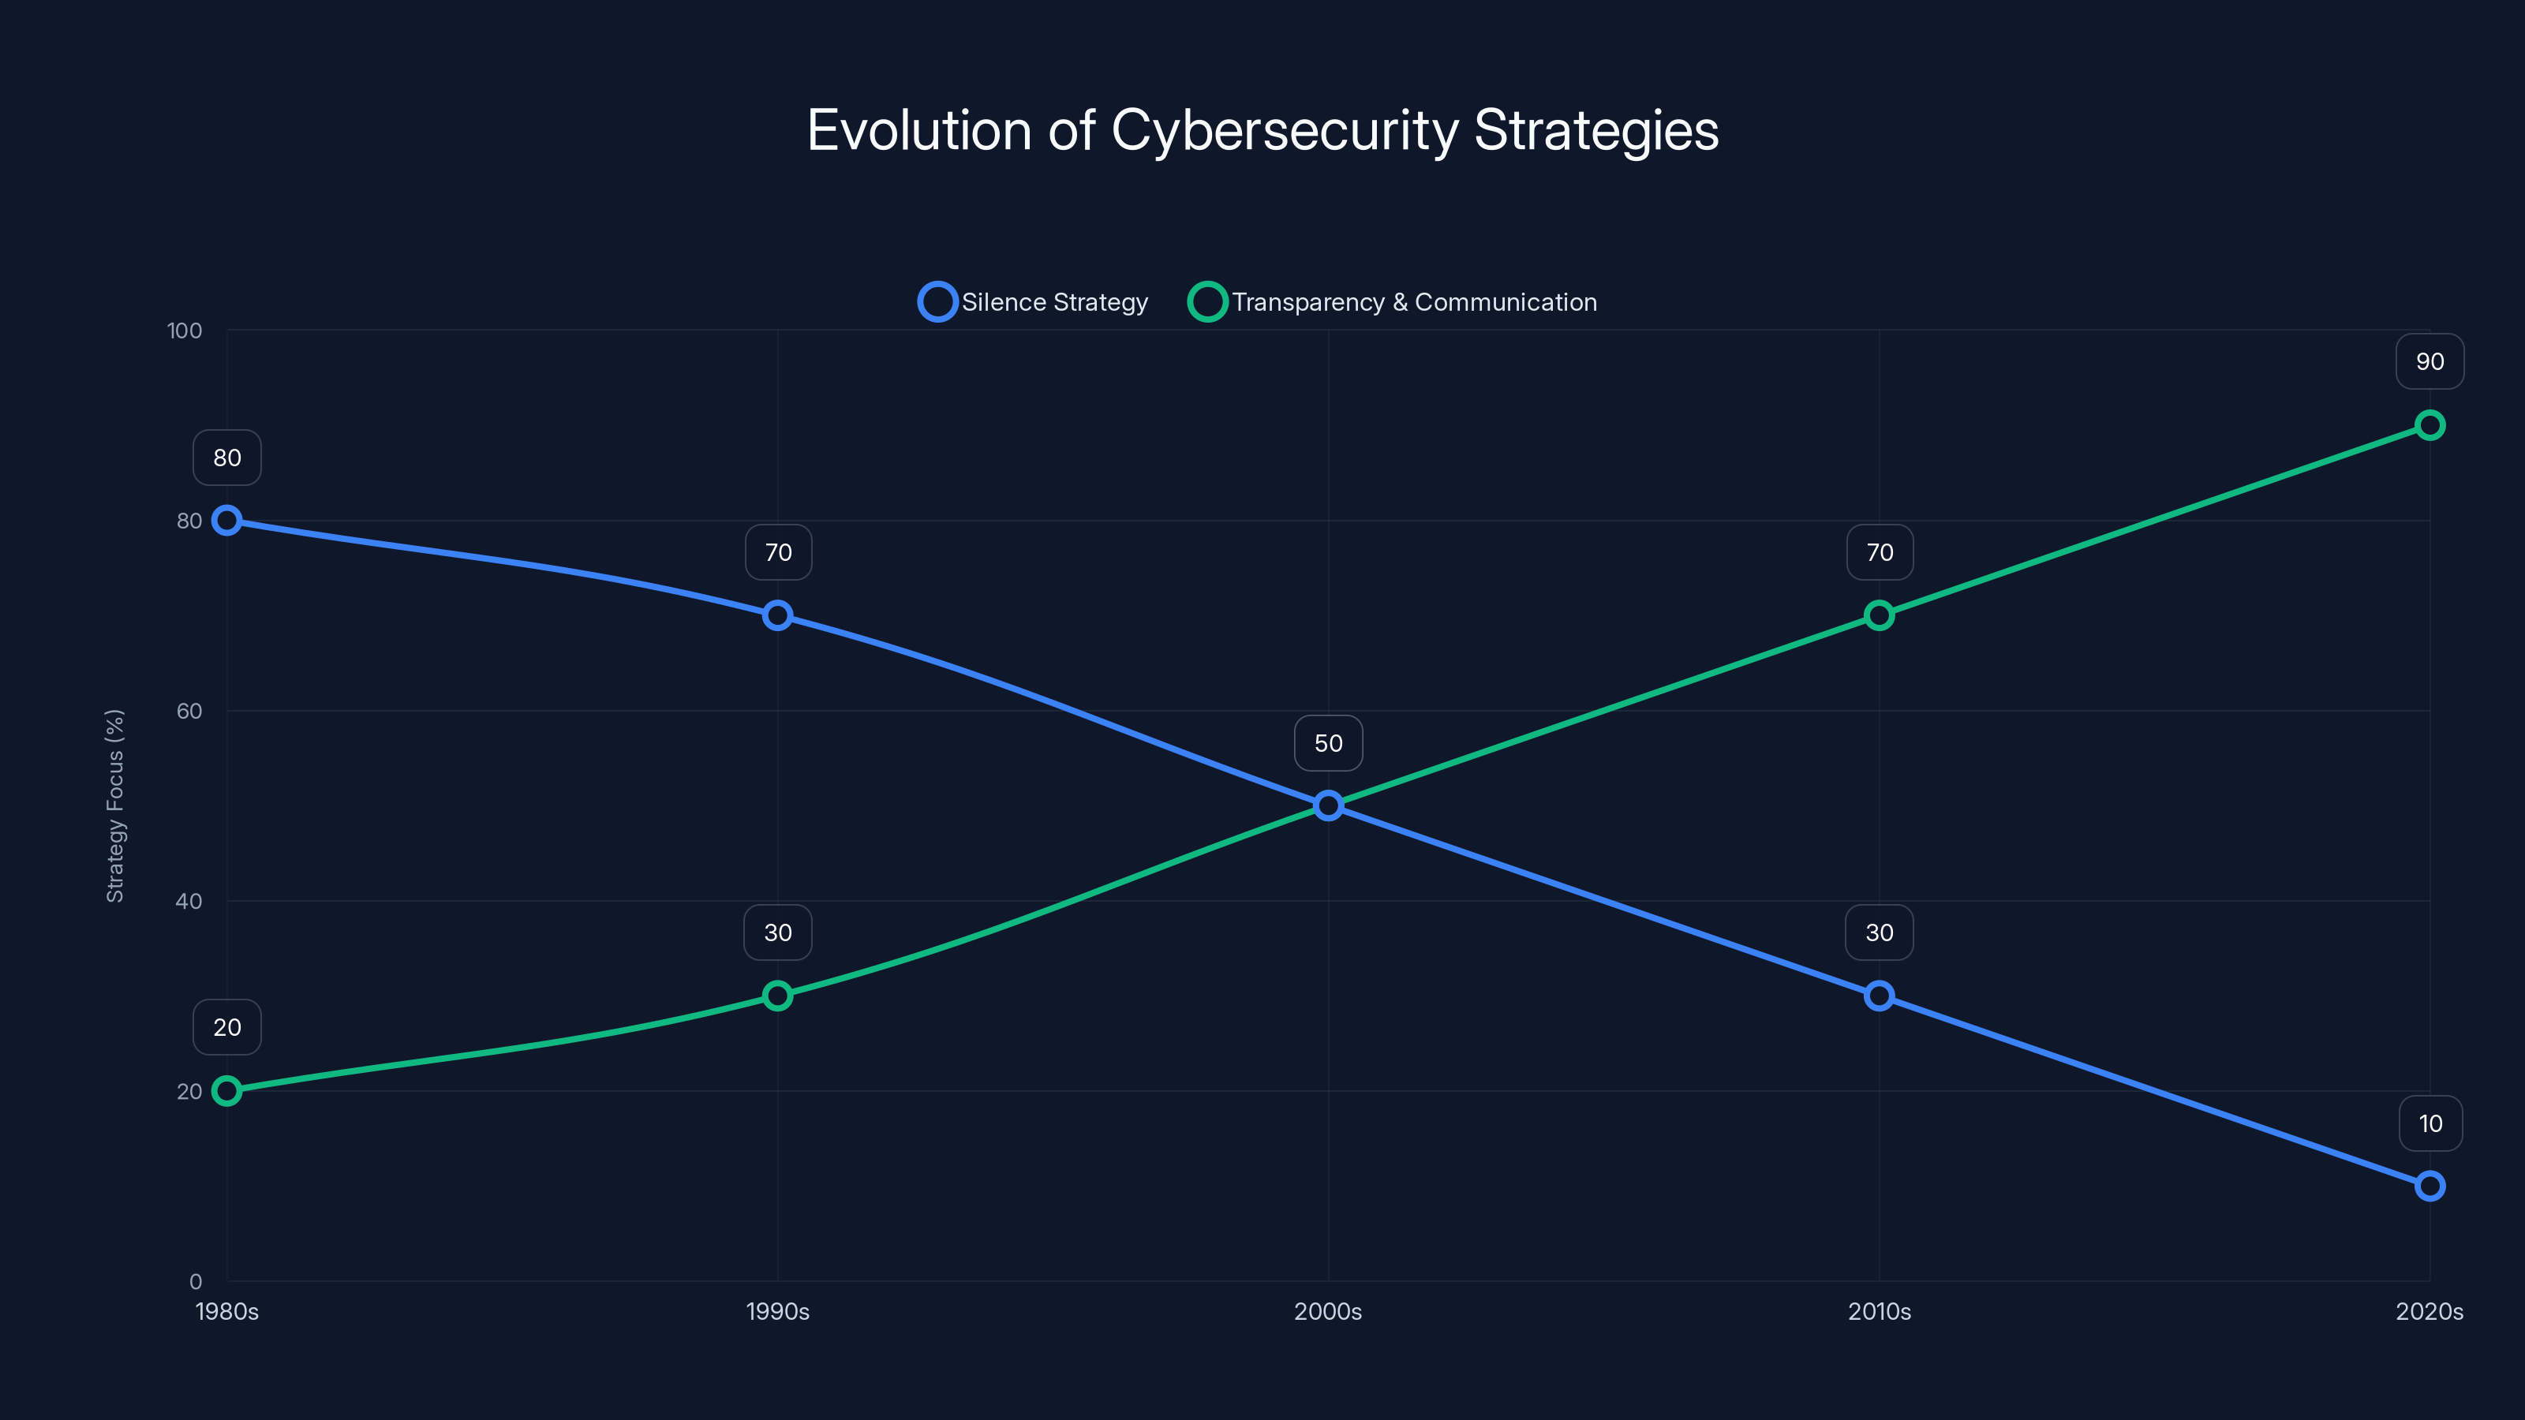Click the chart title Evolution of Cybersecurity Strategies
(x=1262, y=130)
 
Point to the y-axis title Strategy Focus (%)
(x=114, y=805)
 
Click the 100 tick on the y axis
(x=185, y=331)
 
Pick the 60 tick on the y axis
(x=189, y=711)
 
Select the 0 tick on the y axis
(x=195, y=1281)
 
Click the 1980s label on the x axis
(x=226, y=1311)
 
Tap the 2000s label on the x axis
(x=1327, y=1311)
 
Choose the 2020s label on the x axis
(x=2429, y=1311)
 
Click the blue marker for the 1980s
(x=226, y=521)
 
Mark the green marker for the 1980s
(x=226, y=1091)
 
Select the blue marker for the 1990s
(x=777, y=615)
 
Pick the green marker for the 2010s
(x=1879, y=615)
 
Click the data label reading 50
(x=1328, y=743)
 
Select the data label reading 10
(x=2430, y=1123)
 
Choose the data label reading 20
(x=226, y=1027)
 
